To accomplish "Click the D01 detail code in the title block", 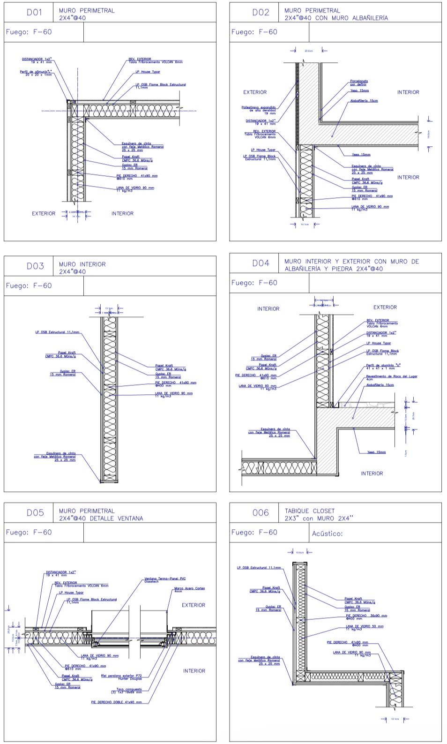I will point(34,13).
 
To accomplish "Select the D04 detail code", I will point(261,263).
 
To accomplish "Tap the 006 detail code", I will point(261,512).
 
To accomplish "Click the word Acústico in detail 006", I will point(327,534).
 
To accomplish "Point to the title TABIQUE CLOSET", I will point(310,511).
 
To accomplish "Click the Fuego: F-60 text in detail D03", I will point(29,286).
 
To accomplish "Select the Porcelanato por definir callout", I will point(359,83).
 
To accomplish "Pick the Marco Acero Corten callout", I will point(189,589).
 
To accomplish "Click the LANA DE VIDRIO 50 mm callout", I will point(365,627).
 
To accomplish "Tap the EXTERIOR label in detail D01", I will point(44,213).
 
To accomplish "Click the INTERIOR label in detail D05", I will point(194,671).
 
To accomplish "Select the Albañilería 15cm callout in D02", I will point(364,101).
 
